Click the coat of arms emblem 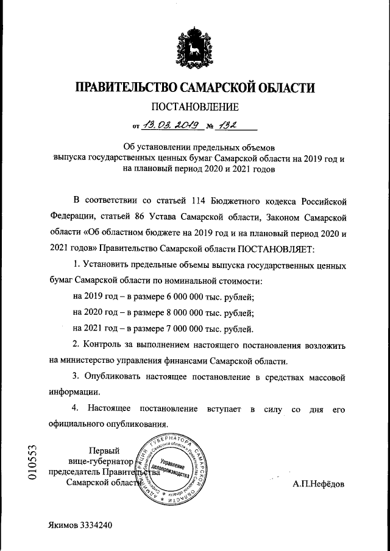pyautogui.click(x=195, y=47)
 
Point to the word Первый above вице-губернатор pyautogui.click(x=104, y=451)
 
